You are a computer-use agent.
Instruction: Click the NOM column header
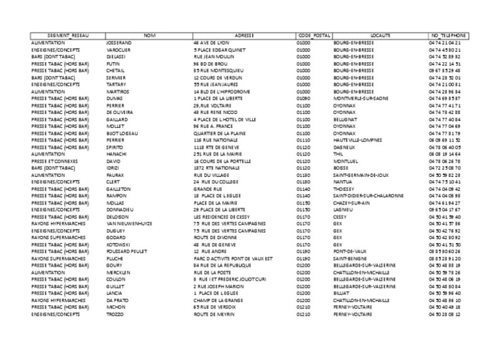tap(149, 35)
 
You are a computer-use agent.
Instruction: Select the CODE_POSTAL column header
tap(313, 35)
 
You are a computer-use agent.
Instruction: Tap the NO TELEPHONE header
tap(448, 35)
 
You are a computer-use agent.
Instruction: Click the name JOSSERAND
tap(119, 42)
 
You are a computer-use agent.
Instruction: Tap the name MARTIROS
tap(118, 91)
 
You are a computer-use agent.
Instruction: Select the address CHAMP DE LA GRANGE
tap(216, 300)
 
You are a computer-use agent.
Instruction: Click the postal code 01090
tap(304, 98)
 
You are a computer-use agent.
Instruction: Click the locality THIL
tap(338, 154)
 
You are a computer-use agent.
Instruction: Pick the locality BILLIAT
tap(342, 293)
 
